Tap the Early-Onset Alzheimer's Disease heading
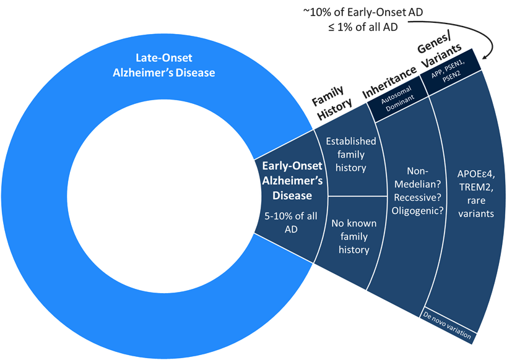coord(287,181)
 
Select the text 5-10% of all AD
coord(286,221)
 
